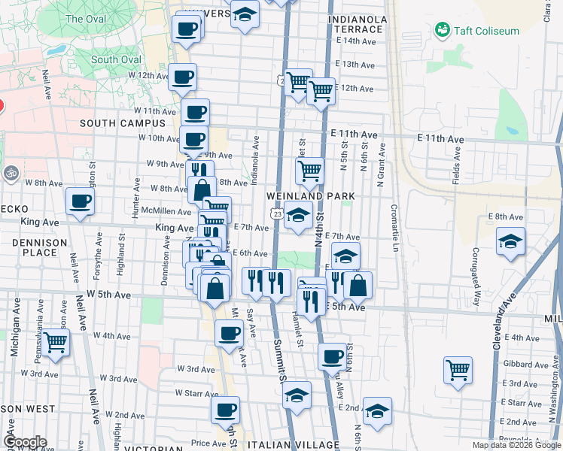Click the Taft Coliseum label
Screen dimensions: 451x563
click(x=487, y=31)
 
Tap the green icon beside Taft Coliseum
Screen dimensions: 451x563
click(x=442, y=30)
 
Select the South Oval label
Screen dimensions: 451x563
click(x=115, y=59)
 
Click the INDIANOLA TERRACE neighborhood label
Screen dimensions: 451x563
click(x=358, y=24)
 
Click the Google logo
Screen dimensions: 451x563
click(x=25, y=442)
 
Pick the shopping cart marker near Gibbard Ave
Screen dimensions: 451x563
click(x=458, y=369)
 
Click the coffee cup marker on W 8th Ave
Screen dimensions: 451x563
click(x=81, y=201)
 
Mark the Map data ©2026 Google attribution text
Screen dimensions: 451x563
click(x=516, y=445)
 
